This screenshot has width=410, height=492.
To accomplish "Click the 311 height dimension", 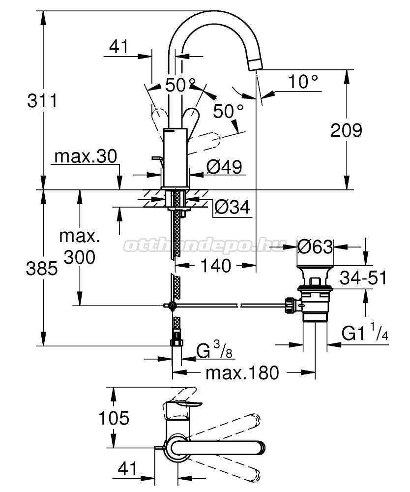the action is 42,101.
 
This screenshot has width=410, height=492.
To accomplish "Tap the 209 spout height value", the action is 346,130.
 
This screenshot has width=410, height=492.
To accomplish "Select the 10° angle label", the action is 303,82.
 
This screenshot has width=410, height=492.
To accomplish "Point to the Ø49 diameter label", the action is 224,167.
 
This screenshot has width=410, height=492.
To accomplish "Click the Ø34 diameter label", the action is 233,207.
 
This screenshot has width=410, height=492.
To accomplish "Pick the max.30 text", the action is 86,156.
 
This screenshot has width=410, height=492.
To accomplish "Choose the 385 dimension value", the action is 42,269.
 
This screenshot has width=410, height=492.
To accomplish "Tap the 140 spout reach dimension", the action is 216,266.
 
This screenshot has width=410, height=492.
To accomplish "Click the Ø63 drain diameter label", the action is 315,246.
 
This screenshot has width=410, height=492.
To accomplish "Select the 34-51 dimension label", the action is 363,277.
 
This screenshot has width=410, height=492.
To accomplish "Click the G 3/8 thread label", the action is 214,350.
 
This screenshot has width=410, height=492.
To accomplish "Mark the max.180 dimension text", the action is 242,373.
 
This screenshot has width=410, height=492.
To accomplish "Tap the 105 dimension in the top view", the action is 114,418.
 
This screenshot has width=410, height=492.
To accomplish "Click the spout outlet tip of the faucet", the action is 256,65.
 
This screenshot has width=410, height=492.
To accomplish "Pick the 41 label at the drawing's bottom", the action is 127,469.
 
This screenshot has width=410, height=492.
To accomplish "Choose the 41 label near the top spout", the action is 119,46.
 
